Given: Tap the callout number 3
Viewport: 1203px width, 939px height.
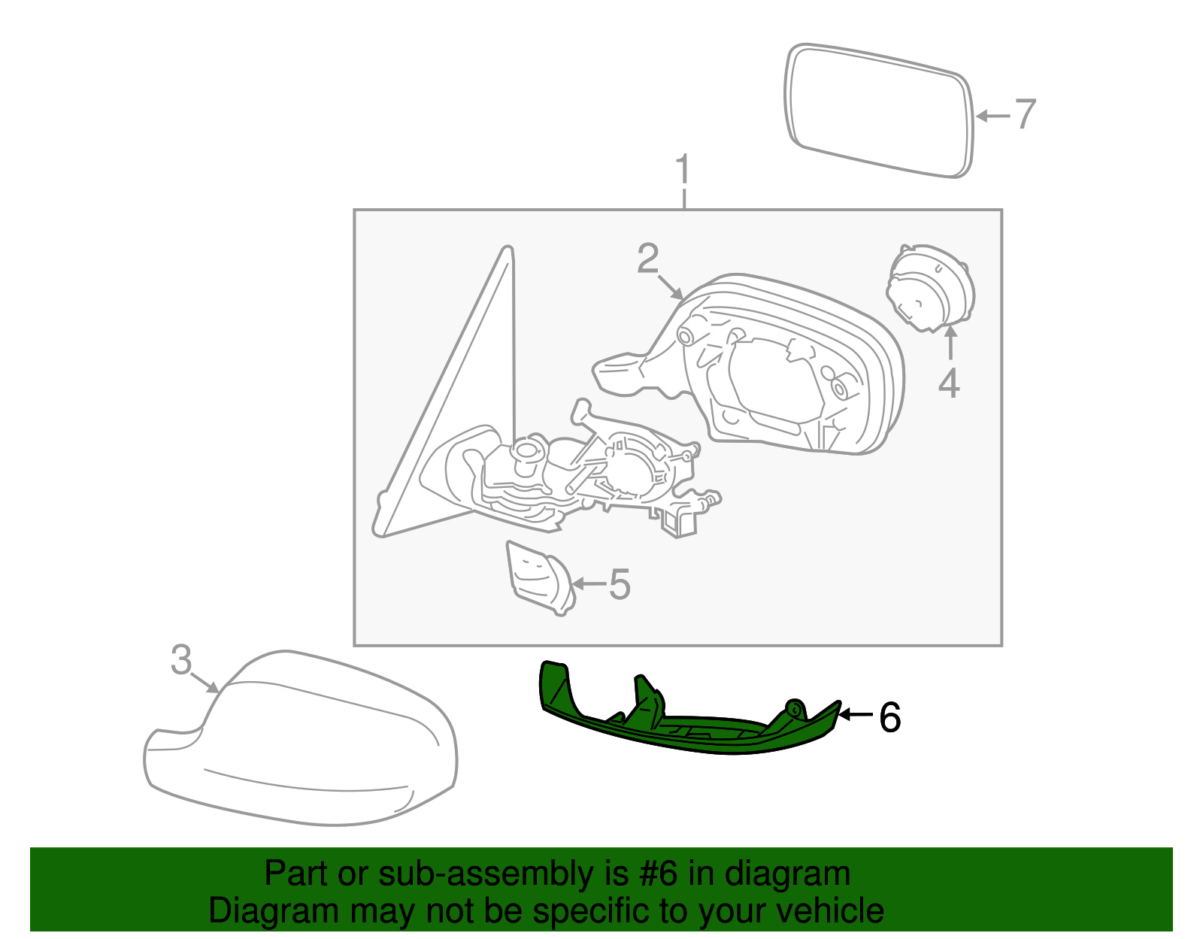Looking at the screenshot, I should tap(181, 660).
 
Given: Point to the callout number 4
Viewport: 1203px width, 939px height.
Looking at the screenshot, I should tap(949, 383).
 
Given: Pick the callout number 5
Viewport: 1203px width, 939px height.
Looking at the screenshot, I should tap(619, 584).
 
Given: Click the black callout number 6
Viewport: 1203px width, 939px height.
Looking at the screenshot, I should tap(889, 717).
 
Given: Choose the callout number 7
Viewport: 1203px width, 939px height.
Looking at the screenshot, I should tap(1026, 114).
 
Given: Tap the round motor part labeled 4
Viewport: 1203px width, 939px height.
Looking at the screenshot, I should tap(930, 288).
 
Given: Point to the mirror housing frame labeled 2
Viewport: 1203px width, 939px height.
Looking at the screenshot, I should tap(789, 368).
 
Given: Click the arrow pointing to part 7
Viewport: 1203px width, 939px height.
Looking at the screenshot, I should tap(992, 116).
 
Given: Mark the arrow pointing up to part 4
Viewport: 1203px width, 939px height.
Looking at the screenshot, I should tap(950, 344).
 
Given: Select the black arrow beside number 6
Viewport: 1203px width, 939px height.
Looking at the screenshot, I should tap(856, 714).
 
